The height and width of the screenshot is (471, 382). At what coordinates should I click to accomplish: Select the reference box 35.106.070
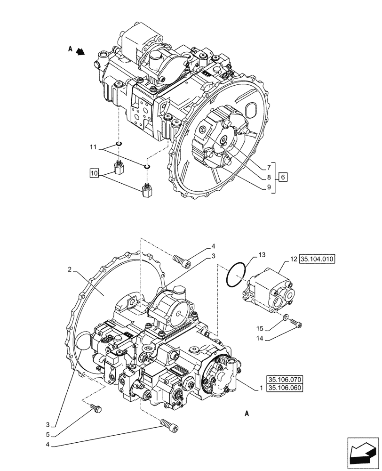[x=286, y=380]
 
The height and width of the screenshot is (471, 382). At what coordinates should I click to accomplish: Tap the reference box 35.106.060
[x=286, y=388]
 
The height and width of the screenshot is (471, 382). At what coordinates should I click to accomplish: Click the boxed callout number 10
[x=94, y=174]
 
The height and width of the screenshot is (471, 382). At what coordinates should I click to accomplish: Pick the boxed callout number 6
[x=282, y=178]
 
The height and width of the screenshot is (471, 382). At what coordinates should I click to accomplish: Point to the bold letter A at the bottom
[x=247, y=414]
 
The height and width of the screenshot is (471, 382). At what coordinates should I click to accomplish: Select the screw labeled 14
[x=296, y=323]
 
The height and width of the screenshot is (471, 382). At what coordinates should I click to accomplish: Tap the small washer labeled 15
[x=285, y=318]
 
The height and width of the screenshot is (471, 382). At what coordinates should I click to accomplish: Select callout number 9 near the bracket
[x=268, y=187]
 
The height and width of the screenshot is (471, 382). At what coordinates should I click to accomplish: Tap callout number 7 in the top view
[x=268, y=167]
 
